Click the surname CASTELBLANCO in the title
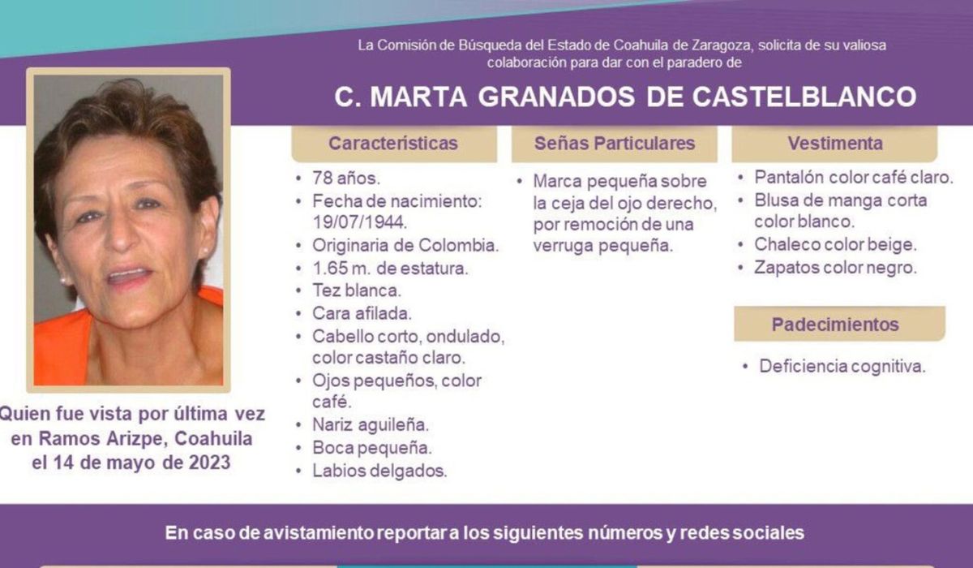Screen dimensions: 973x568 point(804,97)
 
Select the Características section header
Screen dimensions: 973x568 point(393,144)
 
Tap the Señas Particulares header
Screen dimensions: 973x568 point(615,144)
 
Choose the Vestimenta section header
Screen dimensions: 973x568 point(835,144)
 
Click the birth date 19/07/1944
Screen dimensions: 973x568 point(360,222)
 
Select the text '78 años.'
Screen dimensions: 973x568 point(346,179)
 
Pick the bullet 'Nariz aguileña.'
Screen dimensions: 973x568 point(371,425)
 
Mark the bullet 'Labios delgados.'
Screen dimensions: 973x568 point(379,471)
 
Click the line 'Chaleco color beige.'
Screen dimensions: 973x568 point(835,245)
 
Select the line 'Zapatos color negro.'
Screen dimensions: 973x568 point(835,268)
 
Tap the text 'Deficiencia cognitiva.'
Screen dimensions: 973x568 point(842,367)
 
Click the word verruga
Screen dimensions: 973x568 point(563,247)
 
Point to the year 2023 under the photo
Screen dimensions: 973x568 point(209,463)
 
